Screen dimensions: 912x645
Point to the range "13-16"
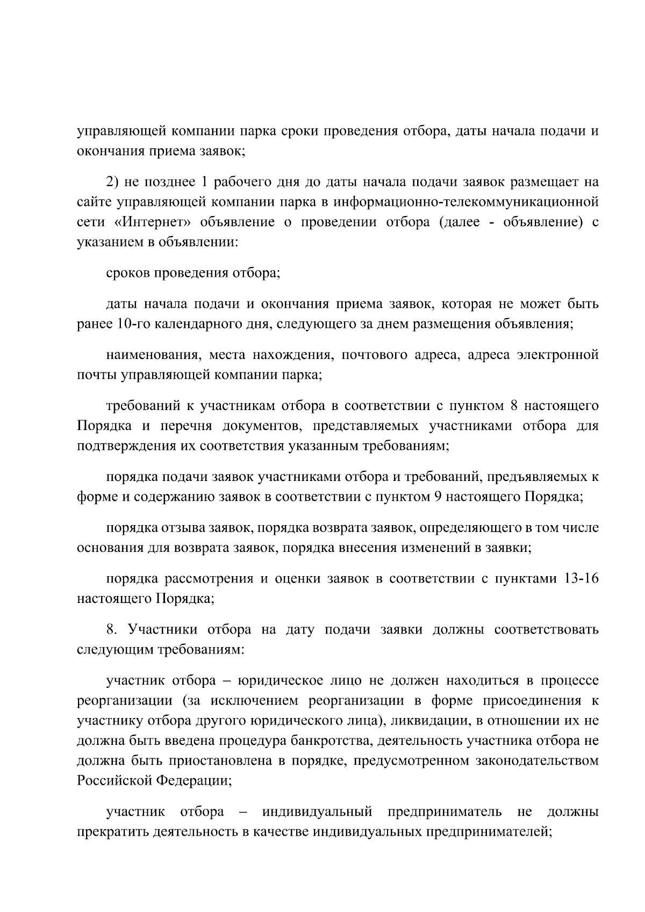pos(582,579)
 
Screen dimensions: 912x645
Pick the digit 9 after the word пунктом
pos(437,497)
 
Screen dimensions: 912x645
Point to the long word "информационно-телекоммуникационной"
pos(465,203)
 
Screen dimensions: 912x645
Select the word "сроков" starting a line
pos(128,273)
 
